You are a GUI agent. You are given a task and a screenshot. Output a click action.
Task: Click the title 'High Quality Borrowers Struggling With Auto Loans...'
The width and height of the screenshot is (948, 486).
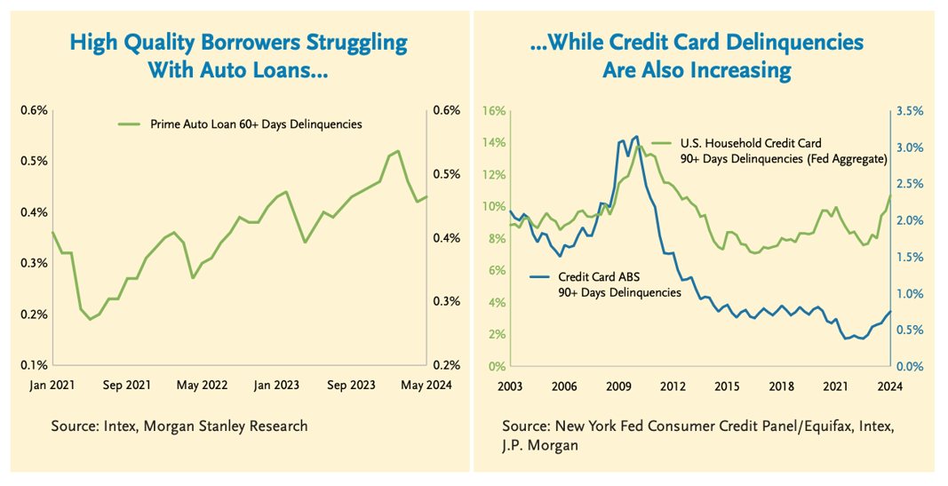(238, 55)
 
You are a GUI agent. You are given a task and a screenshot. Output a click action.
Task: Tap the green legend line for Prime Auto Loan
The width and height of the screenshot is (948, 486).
(130, 124)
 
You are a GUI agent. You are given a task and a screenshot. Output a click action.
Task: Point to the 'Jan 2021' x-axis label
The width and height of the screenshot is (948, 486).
(52, 386)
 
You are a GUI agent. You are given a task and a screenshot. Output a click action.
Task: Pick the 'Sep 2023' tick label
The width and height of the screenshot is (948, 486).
(349, 386)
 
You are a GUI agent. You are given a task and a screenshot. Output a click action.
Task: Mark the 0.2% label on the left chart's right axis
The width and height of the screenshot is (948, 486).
(445, 365)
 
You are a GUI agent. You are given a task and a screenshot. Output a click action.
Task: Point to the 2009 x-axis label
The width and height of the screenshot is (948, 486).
(619, 386)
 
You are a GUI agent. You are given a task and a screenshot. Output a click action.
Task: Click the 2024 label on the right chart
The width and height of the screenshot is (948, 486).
(890, 386)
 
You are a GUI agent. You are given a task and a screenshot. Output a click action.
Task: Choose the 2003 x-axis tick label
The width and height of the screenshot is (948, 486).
(510, 386)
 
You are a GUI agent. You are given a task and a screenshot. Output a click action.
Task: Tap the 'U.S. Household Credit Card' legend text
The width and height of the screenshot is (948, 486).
(751, 142)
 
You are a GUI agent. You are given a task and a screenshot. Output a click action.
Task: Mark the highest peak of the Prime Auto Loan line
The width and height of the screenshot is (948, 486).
(398, 151)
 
